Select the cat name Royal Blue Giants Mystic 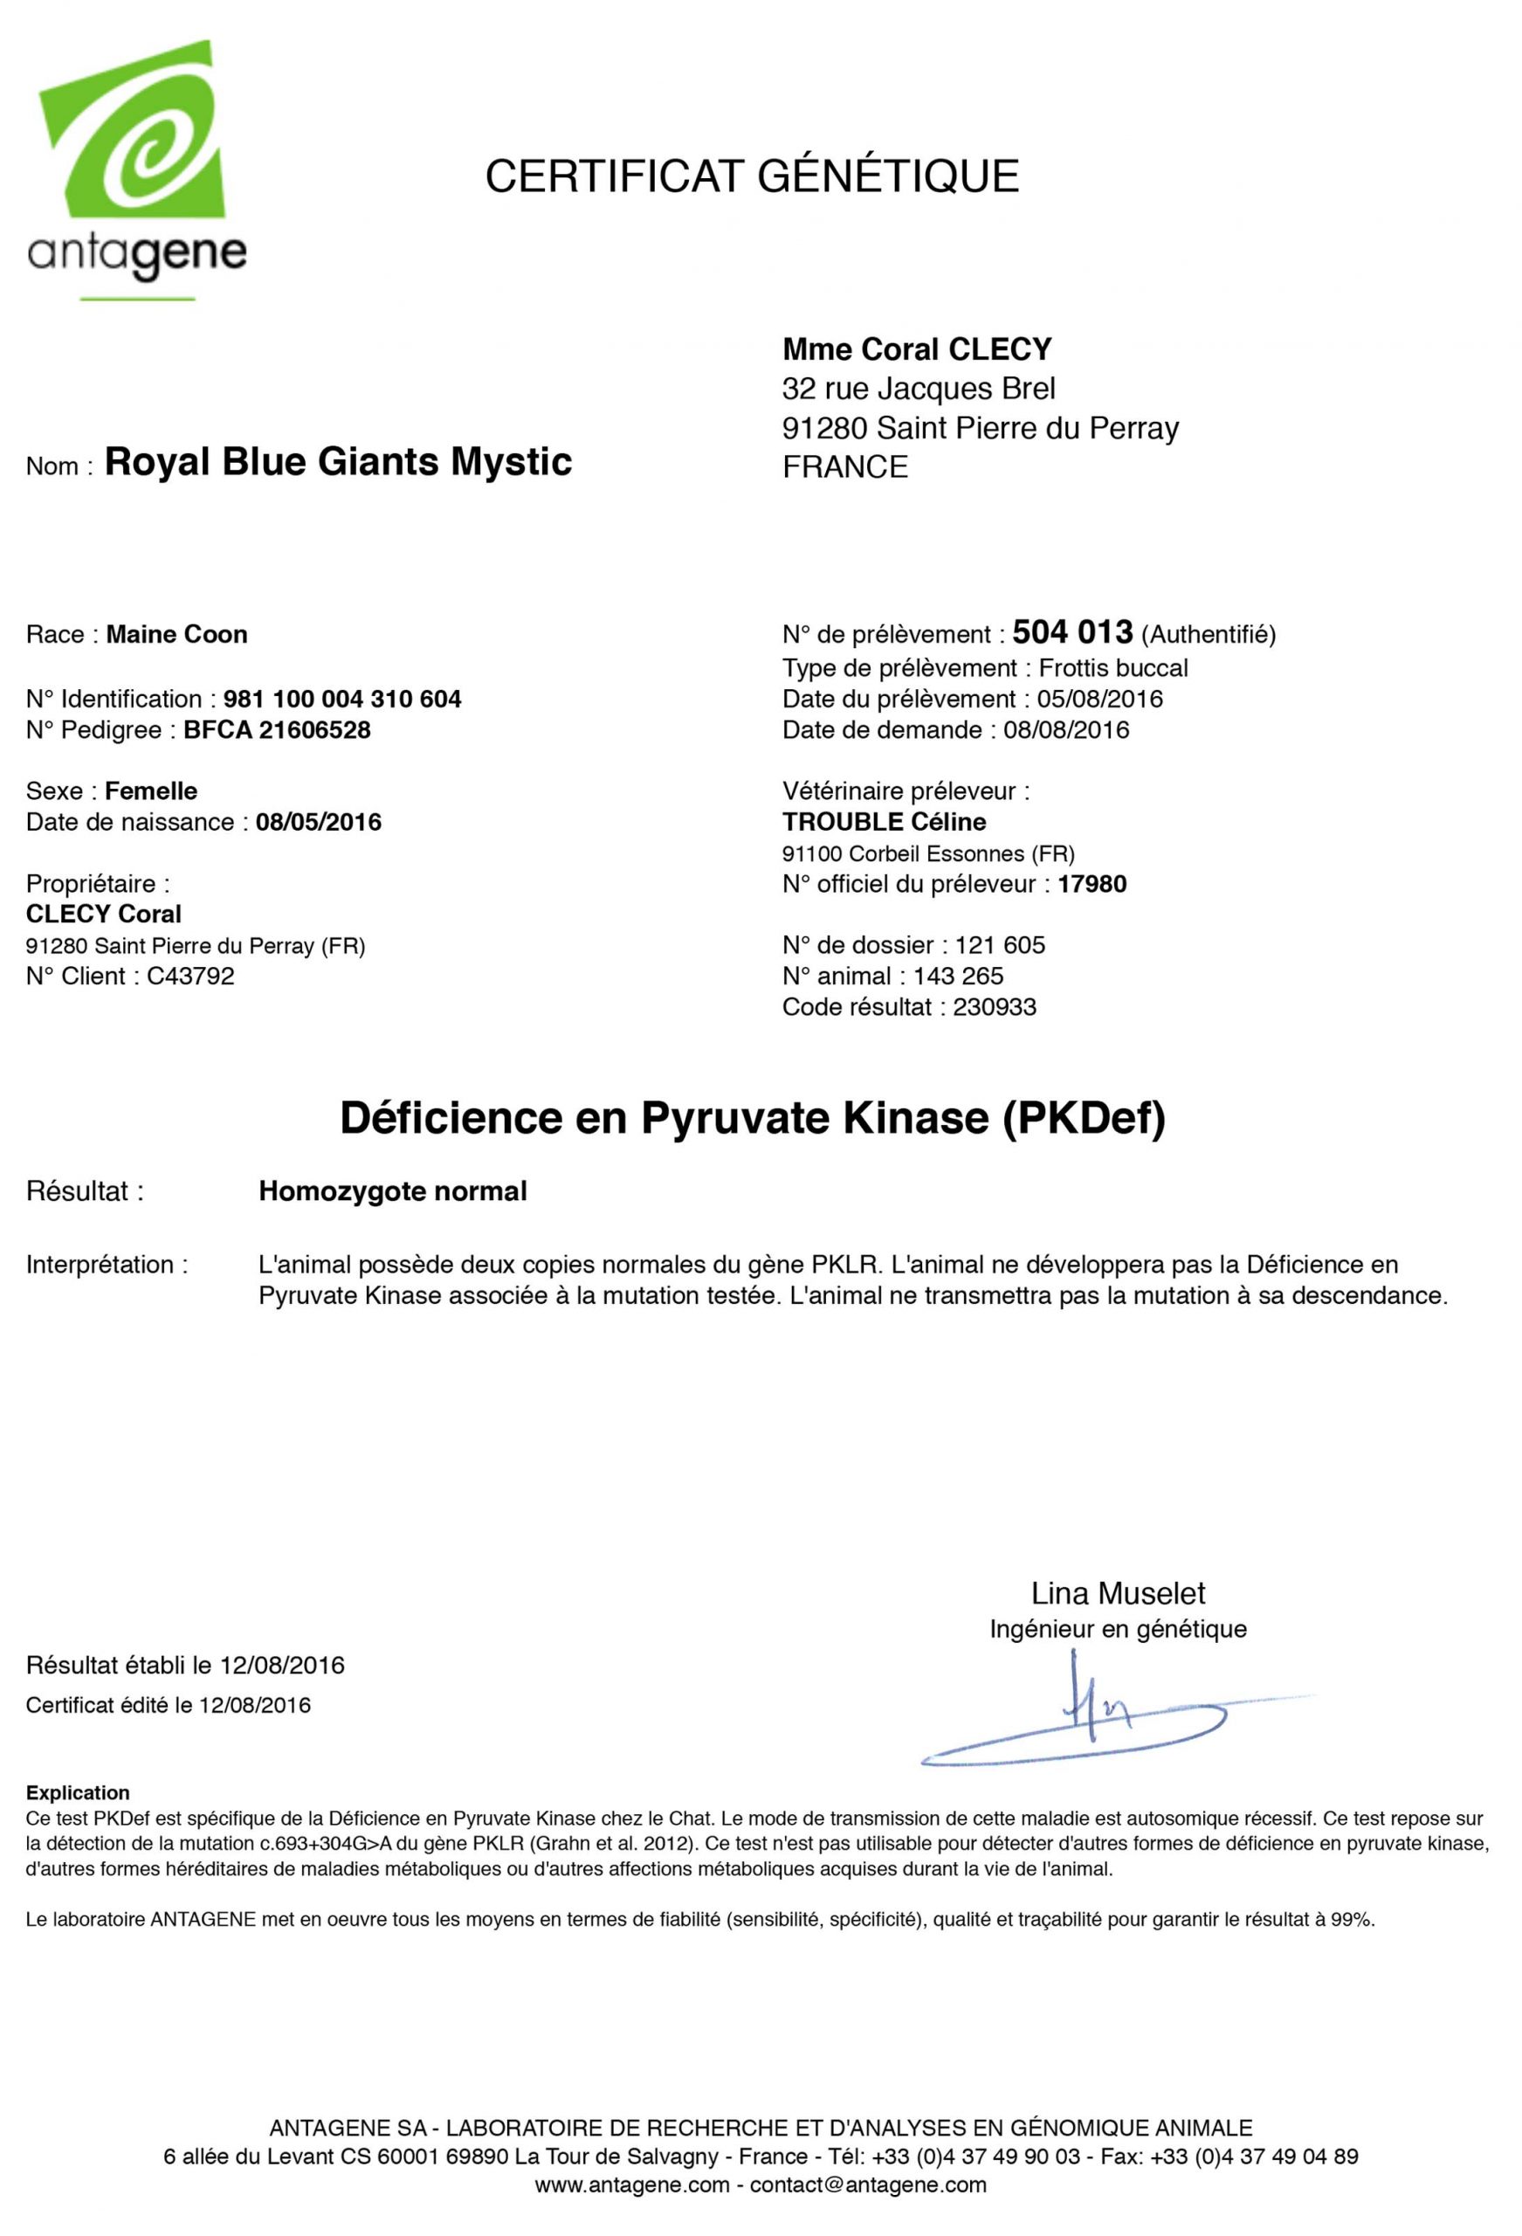click(338, 462)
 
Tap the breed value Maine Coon click(176, 634)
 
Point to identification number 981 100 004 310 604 click(341, 699)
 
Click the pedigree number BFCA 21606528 click(276, 729)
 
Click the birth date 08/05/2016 click(319, 822)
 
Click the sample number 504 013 click(1071, 632)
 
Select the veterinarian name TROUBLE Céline click(885, 822)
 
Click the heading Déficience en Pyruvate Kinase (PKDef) click(753, 1118)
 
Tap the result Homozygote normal click(393, 1191)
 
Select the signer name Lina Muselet click(1118, 1593)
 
